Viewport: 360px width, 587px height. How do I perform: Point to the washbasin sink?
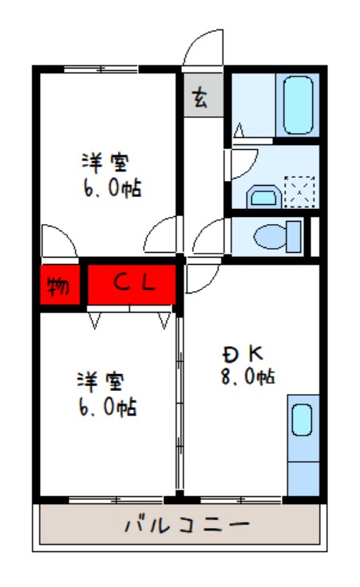coord(262,196)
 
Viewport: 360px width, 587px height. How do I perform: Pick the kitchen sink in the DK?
coord(302,420)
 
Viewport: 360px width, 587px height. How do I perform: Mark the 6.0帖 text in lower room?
coord(109,408)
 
